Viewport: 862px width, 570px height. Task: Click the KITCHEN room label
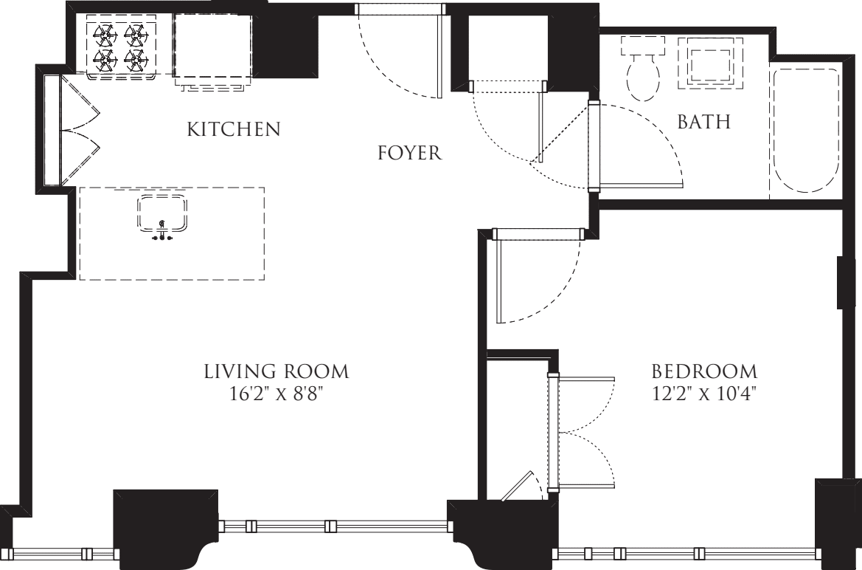(234, 130)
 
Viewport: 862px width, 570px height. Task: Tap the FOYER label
(409, 154)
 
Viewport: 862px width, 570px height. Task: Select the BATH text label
(703, 123)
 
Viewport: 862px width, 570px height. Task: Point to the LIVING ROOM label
(276, 371)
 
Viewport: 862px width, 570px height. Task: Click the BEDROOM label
(704, 371)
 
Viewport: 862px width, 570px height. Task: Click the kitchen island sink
(161, 215)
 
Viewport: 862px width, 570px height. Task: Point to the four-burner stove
(119, 47)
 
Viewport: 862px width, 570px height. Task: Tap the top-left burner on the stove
(102, 33)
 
